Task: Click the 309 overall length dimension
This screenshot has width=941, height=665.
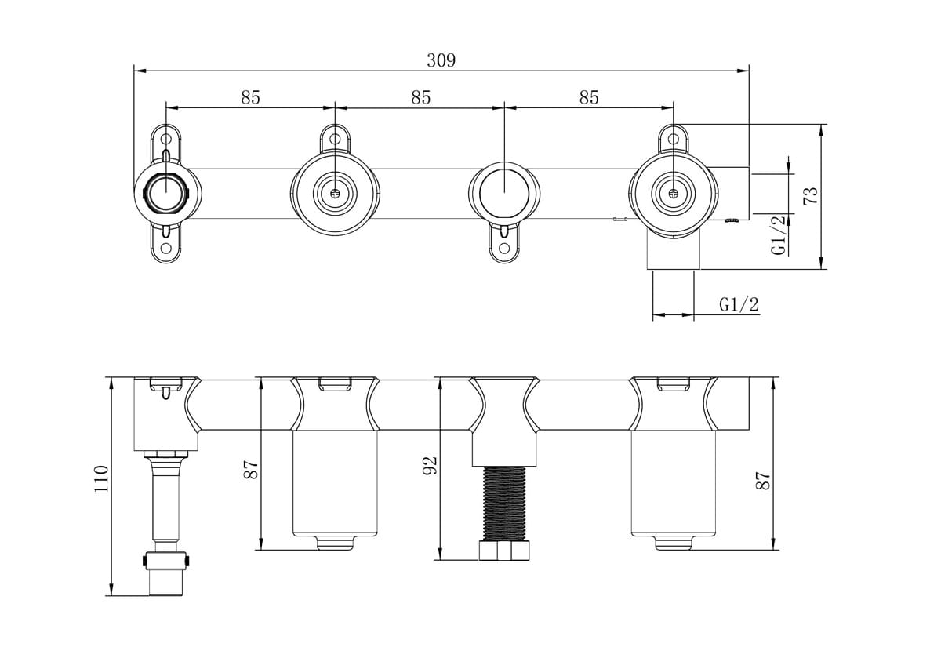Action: [441, 60]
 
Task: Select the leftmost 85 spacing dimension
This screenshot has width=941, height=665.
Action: [250, 97]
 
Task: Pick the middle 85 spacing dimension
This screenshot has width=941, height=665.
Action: [421, 97]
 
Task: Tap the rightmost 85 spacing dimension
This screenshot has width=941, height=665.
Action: [589, 97]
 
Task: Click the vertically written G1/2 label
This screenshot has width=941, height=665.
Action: [778, 235]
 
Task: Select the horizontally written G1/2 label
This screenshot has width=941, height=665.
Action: [739, 304]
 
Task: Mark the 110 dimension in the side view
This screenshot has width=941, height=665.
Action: [100, 478]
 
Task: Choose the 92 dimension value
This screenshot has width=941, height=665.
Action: [429, 467]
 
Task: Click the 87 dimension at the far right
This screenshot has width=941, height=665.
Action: [763, 480]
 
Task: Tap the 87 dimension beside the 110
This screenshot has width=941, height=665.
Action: [250, 470]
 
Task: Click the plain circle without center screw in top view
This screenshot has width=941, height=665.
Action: [503, 191]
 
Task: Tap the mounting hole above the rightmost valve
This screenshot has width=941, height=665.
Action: [673, 139]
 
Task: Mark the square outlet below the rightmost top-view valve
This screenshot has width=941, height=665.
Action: [673, 253]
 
